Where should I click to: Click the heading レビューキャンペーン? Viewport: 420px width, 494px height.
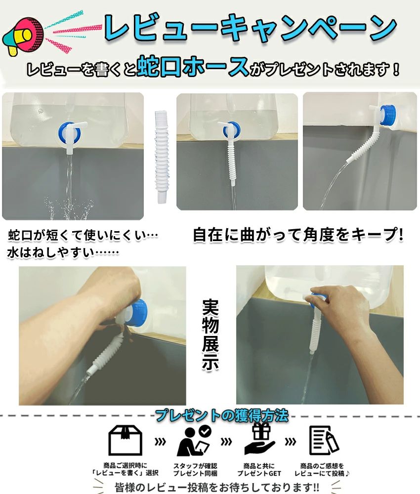click(251, 29)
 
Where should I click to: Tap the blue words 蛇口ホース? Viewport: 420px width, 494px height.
click(193, 66)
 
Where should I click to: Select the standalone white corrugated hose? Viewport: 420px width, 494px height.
click(161, 157)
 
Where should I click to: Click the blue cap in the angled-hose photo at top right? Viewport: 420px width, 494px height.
click(387, 115)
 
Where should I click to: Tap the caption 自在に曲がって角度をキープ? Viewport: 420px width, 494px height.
click(298, 235)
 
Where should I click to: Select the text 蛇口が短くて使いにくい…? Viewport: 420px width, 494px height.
click(83, 235)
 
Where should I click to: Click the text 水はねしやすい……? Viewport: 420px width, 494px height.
click(63, 252)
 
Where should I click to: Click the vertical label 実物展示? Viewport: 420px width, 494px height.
click(210, 334)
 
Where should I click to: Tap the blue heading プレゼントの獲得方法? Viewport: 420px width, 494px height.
click(222, 415)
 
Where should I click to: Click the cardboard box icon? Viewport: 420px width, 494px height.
click(125, 440)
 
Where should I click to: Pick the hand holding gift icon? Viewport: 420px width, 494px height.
click(259, 439)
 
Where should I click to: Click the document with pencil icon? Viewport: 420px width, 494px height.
click(324, 441)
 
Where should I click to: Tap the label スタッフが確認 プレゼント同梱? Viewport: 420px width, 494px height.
click(195, 469)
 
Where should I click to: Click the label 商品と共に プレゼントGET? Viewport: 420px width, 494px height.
click(259, 469)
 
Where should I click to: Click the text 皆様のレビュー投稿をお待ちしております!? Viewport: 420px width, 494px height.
click(217, 487)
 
